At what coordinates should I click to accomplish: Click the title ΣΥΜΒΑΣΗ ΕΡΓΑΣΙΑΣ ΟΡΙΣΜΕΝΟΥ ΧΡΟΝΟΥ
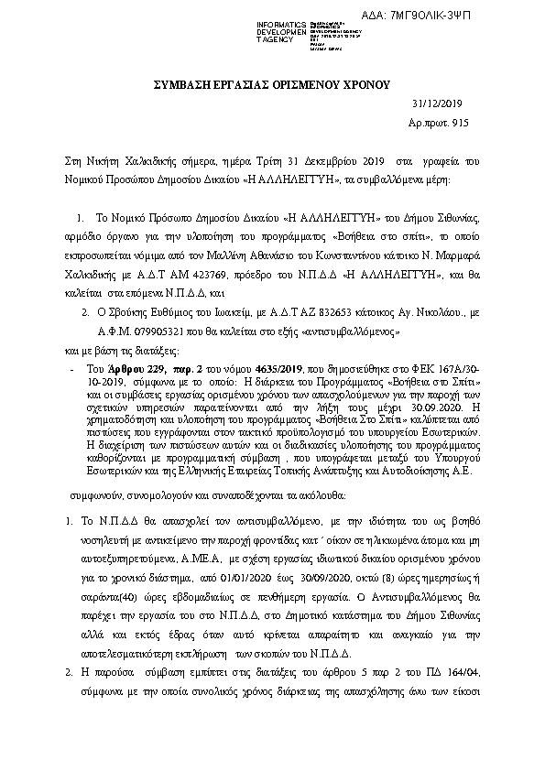[x=271, y=84]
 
